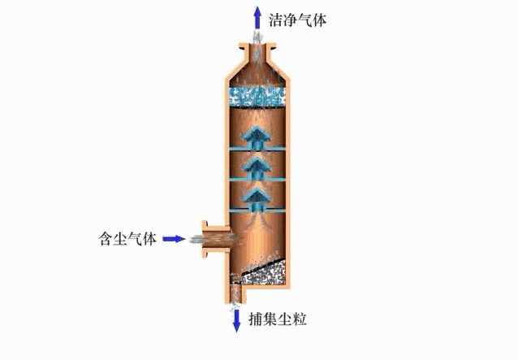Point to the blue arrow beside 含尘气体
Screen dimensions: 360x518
[x=174, y=239]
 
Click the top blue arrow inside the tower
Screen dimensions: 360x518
[x=257, y=137]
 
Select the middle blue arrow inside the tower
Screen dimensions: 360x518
[x=257, y=168]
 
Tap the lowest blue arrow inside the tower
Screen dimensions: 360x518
[x=257, y=197]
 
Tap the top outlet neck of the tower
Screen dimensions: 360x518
[x=257, y=54]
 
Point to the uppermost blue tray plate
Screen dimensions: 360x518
[x=257, y=150]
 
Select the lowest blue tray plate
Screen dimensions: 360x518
[x=257, y=210]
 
